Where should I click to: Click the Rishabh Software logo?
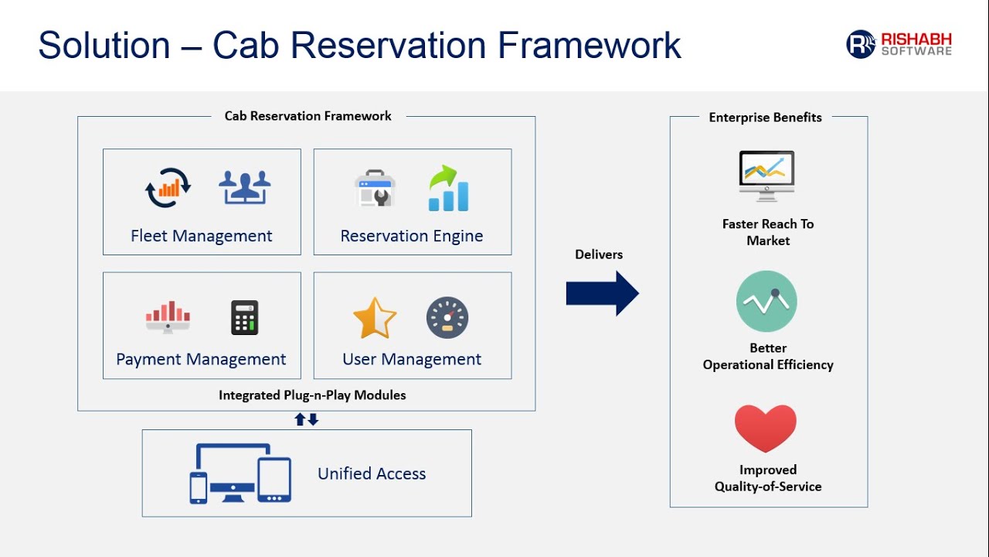[899, 44]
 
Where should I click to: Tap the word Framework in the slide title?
[590, 45]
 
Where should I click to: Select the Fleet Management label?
[202, 236]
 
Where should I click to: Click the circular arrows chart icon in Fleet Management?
[168, 188]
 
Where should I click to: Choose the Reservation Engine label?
[412, 236]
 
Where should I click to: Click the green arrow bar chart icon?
[448, 188]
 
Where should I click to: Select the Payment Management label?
[201, 359]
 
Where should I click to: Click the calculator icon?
[245, 317]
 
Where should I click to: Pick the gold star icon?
[375, 318]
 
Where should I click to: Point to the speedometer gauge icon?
[447, 317]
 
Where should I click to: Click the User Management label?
[412, 359]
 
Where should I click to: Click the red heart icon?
[766, 428]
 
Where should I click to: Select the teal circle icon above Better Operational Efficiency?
[766, 302]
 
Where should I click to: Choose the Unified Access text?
[372, 473]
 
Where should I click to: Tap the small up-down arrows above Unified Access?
[307, 419]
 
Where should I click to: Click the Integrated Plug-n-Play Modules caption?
[312, 395]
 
